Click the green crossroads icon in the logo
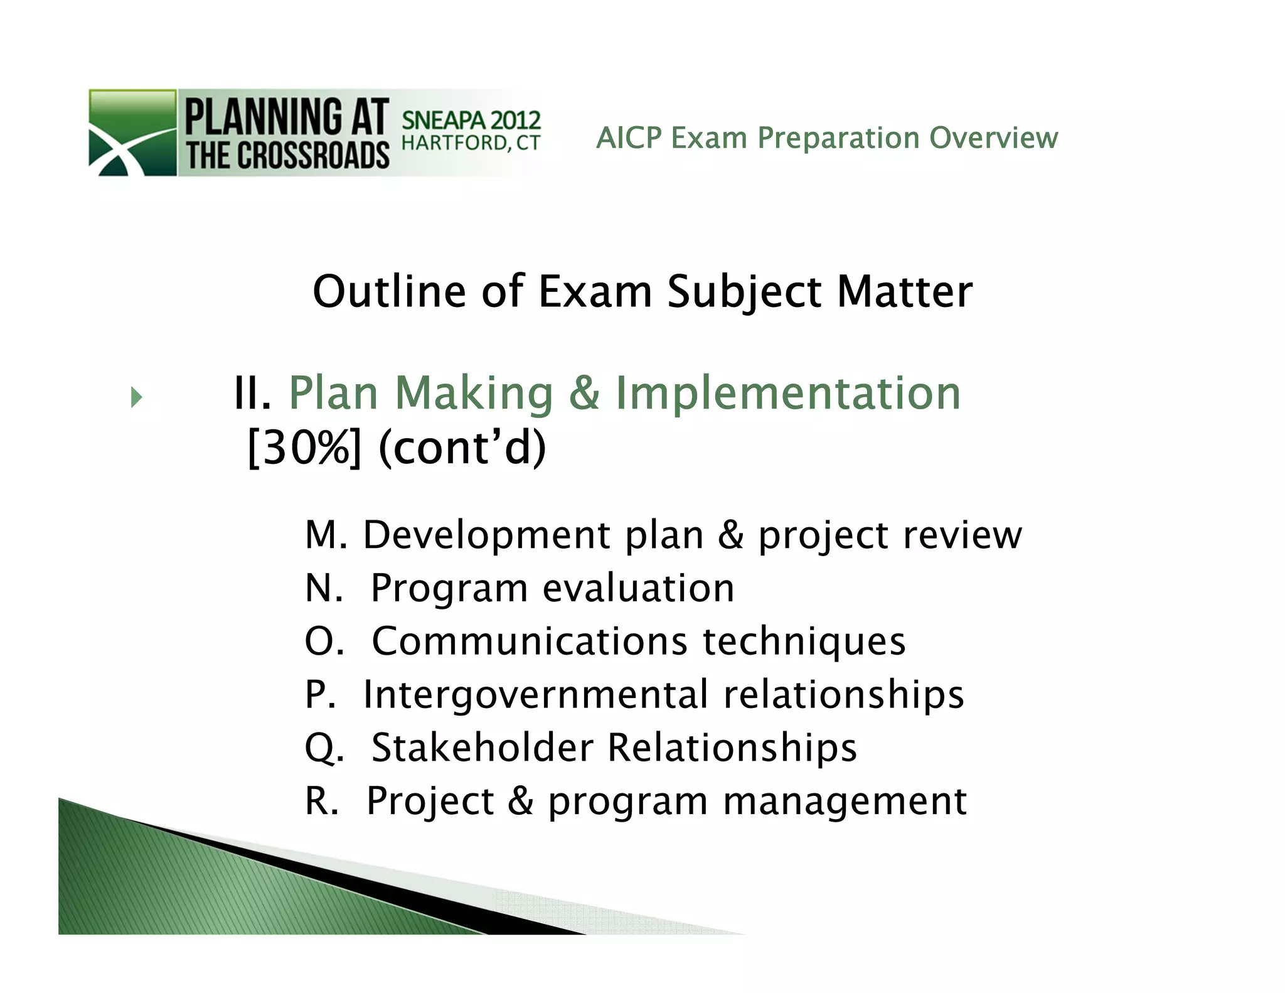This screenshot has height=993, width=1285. tap(132, 132)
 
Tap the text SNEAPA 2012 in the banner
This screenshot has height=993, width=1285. tap(471, 119)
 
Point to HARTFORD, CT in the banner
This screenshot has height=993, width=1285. tap(471, 144)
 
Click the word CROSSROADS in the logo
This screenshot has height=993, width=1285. tap(312, 155)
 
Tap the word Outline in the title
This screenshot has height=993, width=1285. tap(389, 292)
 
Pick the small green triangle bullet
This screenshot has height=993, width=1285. tap(137, 397)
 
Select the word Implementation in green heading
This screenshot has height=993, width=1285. tap(788, 394)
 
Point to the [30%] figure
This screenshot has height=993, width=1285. tap(305, 448)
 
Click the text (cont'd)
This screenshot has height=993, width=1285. tap(462, 448)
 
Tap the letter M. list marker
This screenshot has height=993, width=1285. tap(326, 535)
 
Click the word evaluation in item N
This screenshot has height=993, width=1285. tap(638, 589)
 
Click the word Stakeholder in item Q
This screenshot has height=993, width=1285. tap(483, 748)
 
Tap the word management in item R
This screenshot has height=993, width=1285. tap(845, 802)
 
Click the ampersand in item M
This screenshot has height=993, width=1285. tap(731, 535)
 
